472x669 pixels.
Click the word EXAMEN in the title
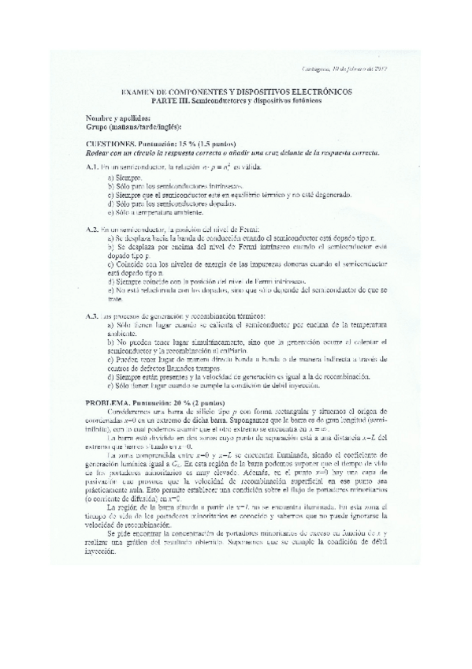(x=139, y=92)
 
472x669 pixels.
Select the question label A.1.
(x=92, y=168)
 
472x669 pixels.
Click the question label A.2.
(x=92, y=229)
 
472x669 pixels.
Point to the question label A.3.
(x=92, y=316)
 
